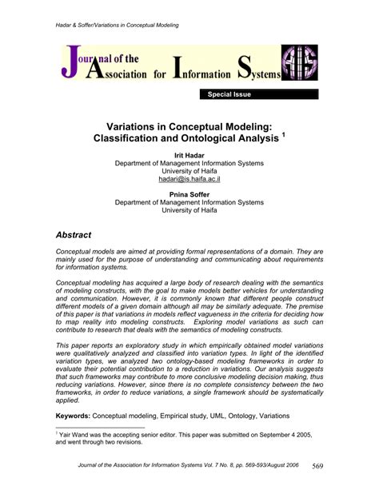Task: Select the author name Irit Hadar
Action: click(x=189, y=154)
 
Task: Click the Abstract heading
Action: click(x=74, y=235)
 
